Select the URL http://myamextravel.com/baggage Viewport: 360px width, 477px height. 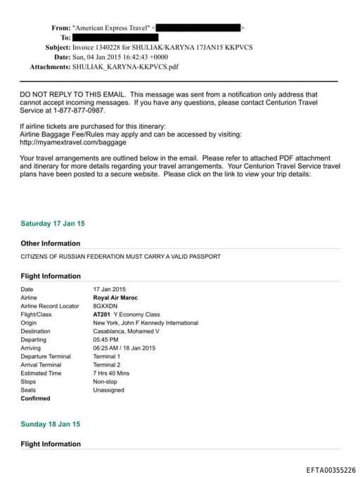point(67,141)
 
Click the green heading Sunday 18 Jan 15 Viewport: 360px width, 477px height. point(51,424)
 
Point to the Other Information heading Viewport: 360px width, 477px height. point(51,243)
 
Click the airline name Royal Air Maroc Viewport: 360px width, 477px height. point(117,298)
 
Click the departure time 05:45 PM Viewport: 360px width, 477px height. point(106,339)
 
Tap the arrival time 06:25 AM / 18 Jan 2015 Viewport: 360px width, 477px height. point(124,348)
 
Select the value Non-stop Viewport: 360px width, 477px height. point(105,381)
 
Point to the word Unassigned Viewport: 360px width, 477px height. point(108,390)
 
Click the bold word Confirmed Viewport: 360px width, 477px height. point(36,398)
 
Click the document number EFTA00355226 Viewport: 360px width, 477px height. point(331,469)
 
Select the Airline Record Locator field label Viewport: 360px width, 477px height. point(50,306)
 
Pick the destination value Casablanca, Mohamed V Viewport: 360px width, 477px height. point(127,331)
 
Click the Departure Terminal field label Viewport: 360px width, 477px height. point(46,356)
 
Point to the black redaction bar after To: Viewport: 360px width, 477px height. point(116,37)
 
